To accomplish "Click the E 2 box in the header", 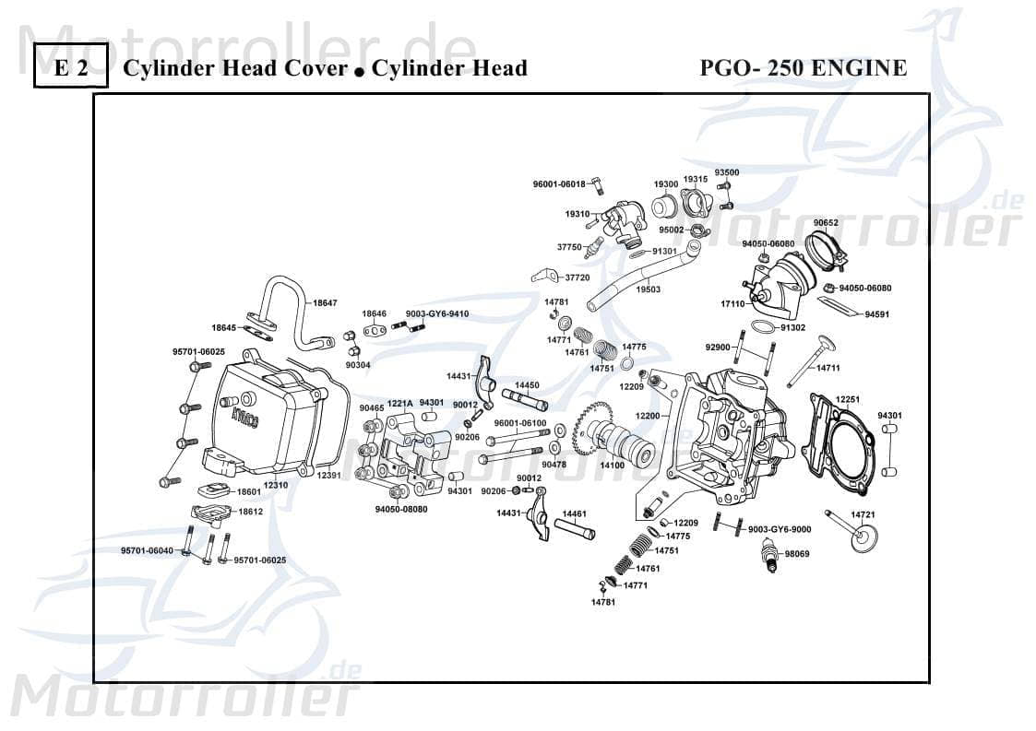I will click(71, 68).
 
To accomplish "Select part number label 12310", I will click(276, 485).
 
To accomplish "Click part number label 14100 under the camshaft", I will click(613, 466).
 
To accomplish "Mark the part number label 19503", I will click(649, 289).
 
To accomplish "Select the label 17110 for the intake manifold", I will click(732, 303).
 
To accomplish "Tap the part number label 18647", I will click(325, 302).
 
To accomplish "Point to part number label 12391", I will click(329, 475).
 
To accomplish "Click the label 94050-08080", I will click(401, 509).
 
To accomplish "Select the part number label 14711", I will click(828, 368).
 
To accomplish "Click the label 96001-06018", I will click(559, 184).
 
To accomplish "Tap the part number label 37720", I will click(577, 277).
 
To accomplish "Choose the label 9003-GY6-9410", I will click(437, 313).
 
